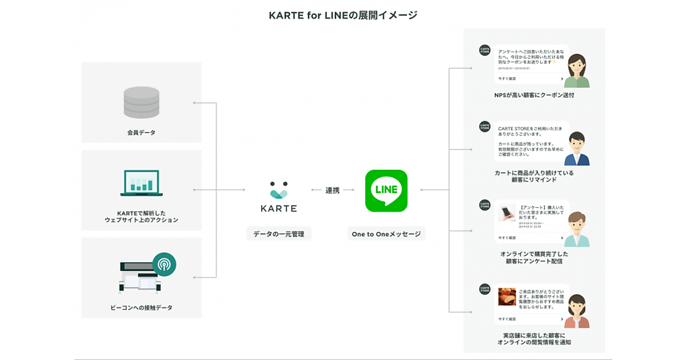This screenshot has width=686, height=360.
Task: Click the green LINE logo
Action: pyautogui.click(x=386, y=190)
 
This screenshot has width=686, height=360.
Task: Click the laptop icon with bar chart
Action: pyautogui.click(x=141, y=183)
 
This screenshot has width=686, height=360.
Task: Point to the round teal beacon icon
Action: pyautogui.click(x=164, y=264)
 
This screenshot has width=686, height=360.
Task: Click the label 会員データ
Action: pyautogui.click(x=141, y=133)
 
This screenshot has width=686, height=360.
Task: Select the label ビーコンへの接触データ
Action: pyautogui.click(x=141, y=307)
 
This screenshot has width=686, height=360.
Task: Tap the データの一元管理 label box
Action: pyautogui.click(x=278, y=233)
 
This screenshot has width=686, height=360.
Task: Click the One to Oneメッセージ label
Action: pyautogui.click(x=386, y=233)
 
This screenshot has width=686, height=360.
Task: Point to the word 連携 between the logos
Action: pyautogui.click(x=332, y=190)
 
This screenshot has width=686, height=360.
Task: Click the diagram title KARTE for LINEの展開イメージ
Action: pyautogui.click(x=343, y=15)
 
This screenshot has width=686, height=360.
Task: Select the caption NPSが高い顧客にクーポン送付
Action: pyautogui.click(x=534, y=95)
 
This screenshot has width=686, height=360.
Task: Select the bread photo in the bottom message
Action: pyautogui.click(x=507, y=297)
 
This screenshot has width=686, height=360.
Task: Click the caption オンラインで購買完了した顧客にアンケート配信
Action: pyautogui.click(x=534, y=257)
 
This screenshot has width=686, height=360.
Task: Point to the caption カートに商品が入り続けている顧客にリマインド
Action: pyautogui.click(x=534, y=176)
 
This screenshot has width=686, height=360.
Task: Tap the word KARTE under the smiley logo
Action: pyautogui.click(x=278, y=209)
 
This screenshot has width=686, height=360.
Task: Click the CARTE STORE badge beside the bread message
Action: pyautogui.click(x=485, y=289)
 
